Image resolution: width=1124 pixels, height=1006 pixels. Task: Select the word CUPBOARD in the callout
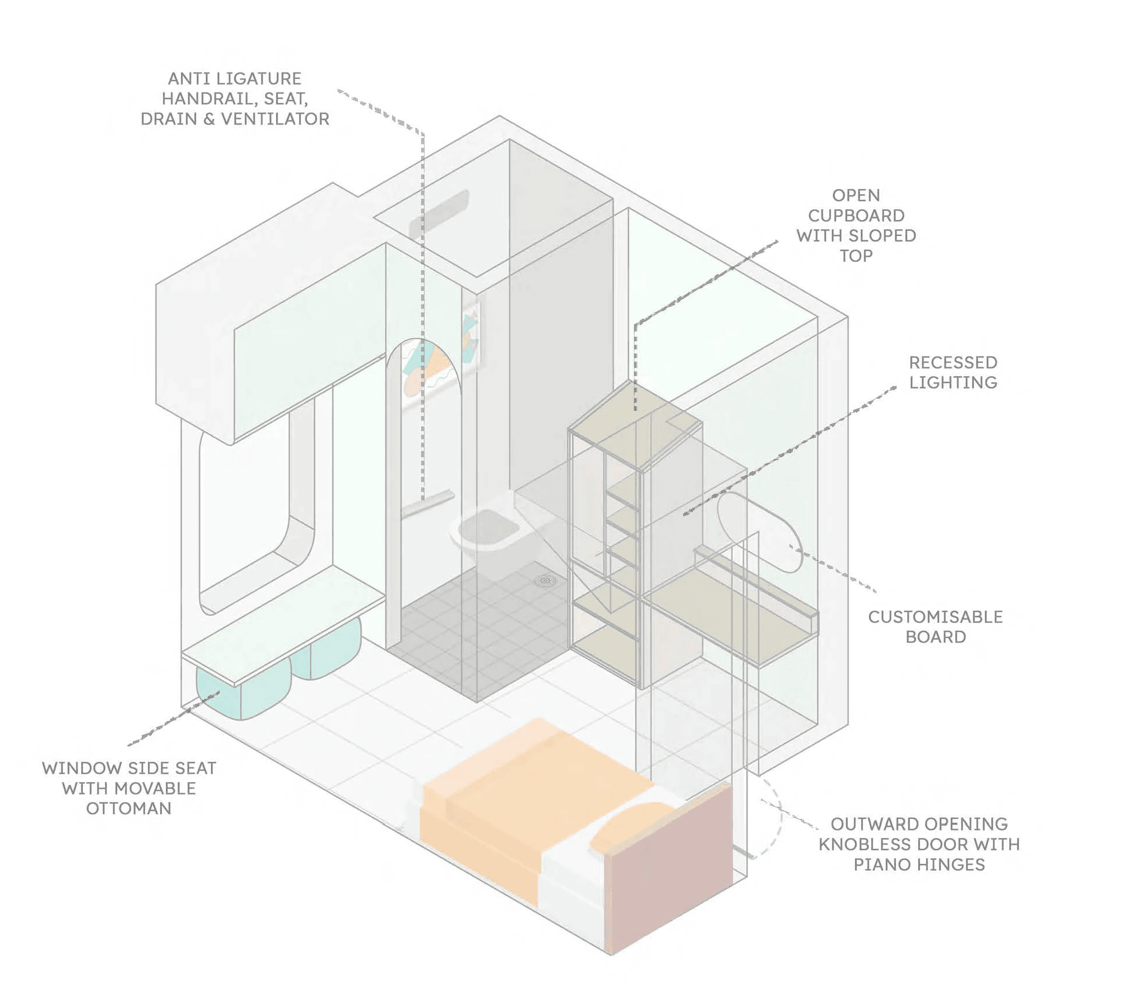tap(856, 216)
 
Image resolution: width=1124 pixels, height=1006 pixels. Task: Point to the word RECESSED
tap(953, 363)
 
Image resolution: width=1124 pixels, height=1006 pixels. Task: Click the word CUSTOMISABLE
tap(935, 617)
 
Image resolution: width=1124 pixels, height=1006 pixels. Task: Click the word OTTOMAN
tap(129, 808)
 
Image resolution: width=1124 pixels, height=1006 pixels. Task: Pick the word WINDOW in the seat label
tap(81, 768)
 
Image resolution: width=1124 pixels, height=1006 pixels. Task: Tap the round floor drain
tap(545, 579)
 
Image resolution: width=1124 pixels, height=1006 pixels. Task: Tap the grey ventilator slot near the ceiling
tap(439, 214)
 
